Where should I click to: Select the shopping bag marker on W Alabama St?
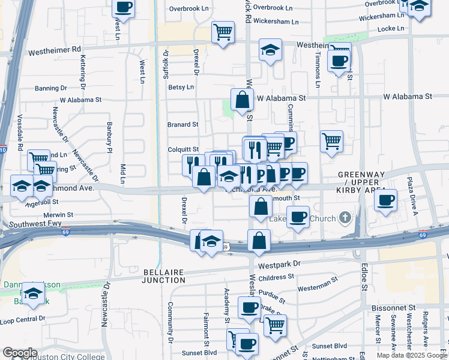coord(242,100)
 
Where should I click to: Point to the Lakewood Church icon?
coord(345,217)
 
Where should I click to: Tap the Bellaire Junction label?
coord(164,276)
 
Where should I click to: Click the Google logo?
coord(20,352)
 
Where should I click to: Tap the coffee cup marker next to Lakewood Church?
coord(297,217)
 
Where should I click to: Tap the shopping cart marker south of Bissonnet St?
coord(274,325)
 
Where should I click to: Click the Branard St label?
coord(182,124)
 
